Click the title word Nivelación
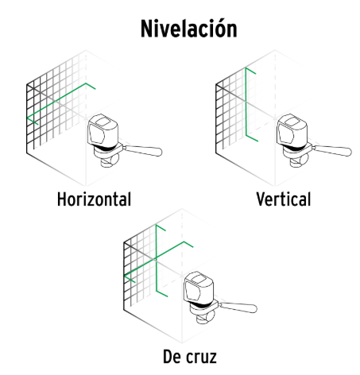pos(189,29)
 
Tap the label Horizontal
pos(94,199)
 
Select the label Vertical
pos(284,199)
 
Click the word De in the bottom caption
pos(172,357)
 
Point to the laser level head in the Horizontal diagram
pos(103,130)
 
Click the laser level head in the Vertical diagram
pos(292,130)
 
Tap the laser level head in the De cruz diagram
pos(199,287)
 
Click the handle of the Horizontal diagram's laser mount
pos(142,150)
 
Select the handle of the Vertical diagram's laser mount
pos(332,150)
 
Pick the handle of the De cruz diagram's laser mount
pos(238,307)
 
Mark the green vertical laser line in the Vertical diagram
pos(246,102)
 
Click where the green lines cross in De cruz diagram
pos(157,257)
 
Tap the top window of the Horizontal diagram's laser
pos(103,121)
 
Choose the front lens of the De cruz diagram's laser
pos(192,291)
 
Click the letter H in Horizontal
pos(62,199)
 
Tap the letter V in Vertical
pos(261,199)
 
